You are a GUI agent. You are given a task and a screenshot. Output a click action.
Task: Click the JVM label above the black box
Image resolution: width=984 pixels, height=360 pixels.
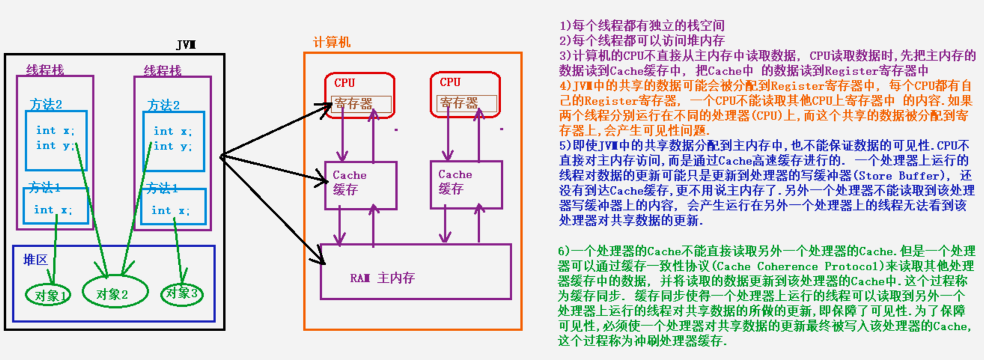point(186,45)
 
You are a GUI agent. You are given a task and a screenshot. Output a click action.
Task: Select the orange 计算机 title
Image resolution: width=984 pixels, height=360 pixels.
point(332,42)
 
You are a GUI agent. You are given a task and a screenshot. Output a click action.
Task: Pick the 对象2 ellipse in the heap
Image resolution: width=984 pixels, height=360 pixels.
point(113,294)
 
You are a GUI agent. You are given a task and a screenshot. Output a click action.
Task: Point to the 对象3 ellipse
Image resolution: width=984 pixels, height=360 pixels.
point(182,293)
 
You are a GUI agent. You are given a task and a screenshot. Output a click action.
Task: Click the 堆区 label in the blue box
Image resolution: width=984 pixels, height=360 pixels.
point(35,260)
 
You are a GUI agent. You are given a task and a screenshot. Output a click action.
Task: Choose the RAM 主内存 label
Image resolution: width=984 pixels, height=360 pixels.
point(382,278)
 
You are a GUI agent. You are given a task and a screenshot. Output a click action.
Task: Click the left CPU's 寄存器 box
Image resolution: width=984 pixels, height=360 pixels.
point(361,104)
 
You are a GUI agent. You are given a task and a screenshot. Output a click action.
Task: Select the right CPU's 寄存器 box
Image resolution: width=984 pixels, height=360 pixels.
point(467,104)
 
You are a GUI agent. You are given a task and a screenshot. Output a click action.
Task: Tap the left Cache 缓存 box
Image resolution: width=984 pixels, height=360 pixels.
point(360,185)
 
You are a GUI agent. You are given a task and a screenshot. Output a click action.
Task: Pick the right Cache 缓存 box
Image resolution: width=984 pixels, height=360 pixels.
point(466,184)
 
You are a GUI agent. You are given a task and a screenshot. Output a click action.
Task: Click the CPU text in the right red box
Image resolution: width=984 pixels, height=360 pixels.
point(450,82)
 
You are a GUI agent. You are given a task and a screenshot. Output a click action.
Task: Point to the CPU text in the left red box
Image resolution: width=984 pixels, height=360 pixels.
point(344,83)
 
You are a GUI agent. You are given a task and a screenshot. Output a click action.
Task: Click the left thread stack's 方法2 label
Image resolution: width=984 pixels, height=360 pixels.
point(46,104)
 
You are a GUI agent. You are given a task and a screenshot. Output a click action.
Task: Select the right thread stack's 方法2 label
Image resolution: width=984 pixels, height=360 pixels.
point(163,105)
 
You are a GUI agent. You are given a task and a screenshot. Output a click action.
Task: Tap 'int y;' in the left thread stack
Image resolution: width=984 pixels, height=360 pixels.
point(55,145)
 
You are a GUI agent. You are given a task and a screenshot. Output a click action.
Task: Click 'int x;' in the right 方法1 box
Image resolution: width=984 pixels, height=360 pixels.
point(170,211)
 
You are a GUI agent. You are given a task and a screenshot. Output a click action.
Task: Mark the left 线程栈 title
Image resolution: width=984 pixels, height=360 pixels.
point(45,70)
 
